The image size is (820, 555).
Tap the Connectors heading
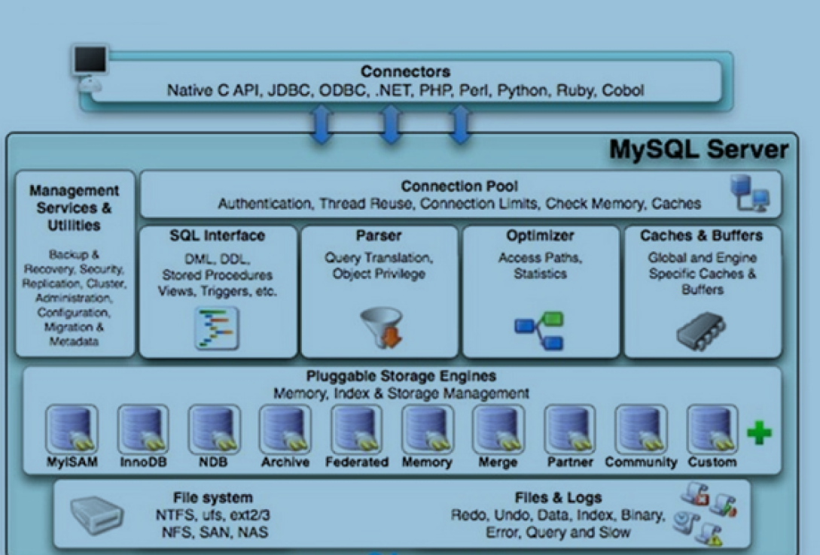[405, 71]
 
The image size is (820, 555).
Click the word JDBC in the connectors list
[288, 90]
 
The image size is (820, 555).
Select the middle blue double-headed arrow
[391, 124]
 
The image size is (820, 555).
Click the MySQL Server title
[699, 150]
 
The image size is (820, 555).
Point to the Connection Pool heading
[459, 186]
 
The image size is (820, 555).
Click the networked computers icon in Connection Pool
[749, 193]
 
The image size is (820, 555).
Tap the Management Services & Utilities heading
[75, 208]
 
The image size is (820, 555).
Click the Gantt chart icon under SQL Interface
[217, 328]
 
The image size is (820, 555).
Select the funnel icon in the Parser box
[381, 327]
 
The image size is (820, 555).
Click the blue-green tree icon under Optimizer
[539, 330]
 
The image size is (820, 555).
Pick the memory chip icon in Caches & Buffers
[701, 330]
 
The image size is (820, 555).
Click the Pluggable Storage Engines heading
[401, 376]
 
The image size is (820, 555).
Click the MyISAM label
[72, 462]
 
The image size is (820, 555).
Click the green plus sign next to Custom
[759, 433]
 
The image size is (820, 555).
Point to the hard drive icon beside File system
[96, 515]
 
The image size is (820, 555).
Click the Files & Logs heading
[558, 498]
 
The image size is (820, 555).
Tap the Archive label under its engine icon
[285, 462]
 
